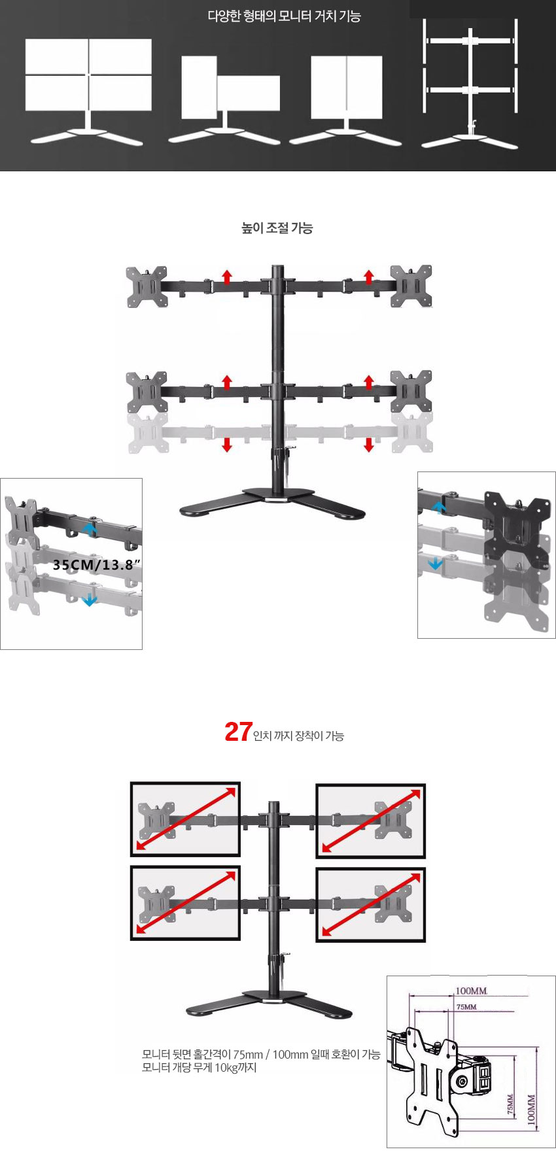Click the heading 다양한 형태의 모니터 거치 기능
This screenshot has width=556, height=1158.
tap(284, 16)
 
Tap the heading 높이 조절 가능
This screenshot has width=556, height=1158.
tap(277, 228)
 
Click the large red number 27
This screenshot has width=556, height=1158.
tap(238, 732)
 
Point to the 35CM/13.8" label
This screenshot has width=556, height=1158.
tap(93, 565)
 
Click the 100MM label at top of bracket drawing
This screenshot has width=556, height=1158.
tap(471, 991)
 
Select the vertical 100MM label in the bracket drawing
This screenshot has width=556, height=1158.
tap(531, 1108)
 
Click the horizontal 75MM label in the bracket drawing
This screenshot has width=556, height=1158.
tap(466, 1007)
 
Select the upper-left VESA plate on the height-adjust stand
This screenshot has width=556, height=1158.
tap(147, 286)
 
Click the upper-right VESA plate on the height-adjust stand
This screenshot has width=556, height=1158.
tap(411, 286)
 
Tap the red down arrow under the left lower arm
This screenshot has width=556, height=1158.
tap(227, 444)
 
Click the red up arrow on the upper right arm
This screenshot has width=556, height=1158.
tap(369, 277)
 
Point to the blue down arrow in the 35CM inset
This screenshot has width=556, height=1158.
tap(90, 599)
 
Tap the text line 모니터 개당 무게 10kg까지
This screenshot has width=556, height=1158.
tap(200, 1068)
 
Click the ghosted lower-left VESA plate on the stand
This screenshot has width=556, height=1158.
tap(147, 433)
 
